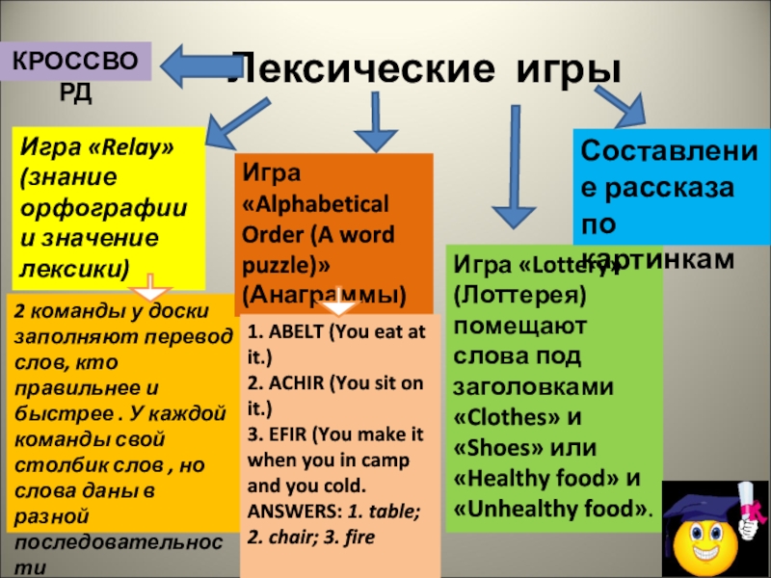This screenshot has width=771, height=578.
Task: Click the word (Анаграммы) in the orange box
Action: [x=324, y=291]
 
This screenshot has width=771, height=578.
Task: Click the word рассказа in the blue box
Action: [x=667, y=191]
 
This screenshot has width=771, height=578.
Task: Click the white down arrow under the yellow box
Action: [x=147, y=286]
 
